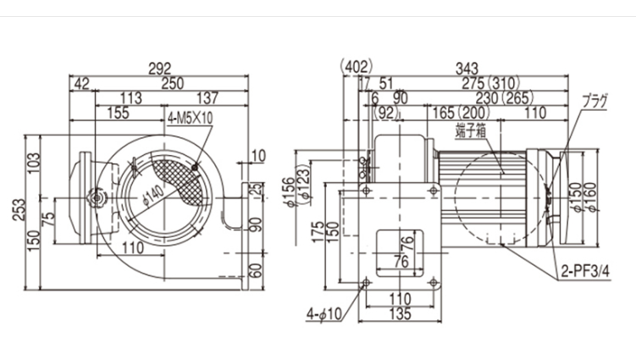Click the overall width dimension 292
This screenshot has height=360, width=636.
coord(158,68)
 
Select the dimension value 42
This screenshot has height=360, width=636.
coord(81,83)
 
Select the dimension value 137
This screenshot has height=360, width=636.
coord(210,97)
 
